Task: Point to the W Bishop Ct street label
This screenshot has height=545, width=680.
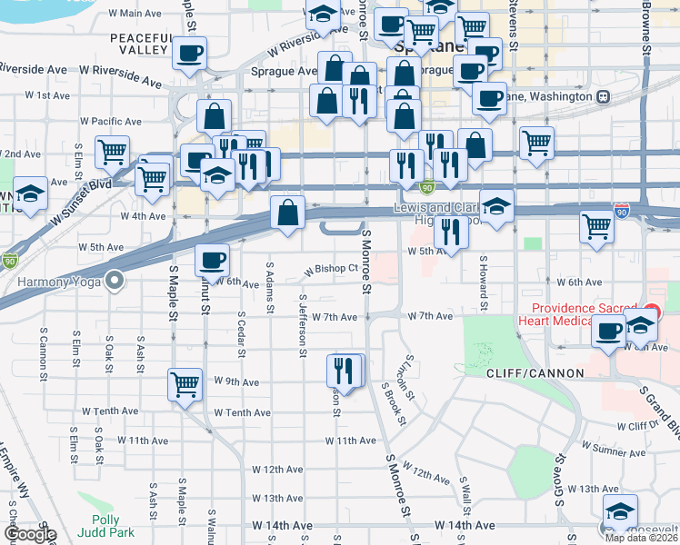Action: click(x=332, y=269)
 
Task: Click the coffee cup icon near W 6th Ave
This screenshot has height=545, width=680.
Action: click(x=213, y=261)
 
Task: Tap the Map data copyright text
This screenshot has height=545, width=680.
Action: click(x=641, y=538)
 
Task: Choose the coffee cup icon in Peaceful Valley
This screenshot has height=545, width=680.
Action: click(x=190, y=54)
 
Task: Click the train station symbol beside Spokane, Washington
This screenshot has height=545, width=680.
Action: click(x=602, y=97)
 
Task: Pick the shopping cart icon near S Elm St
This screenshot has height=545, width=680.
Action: click(x=113, y=153)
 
